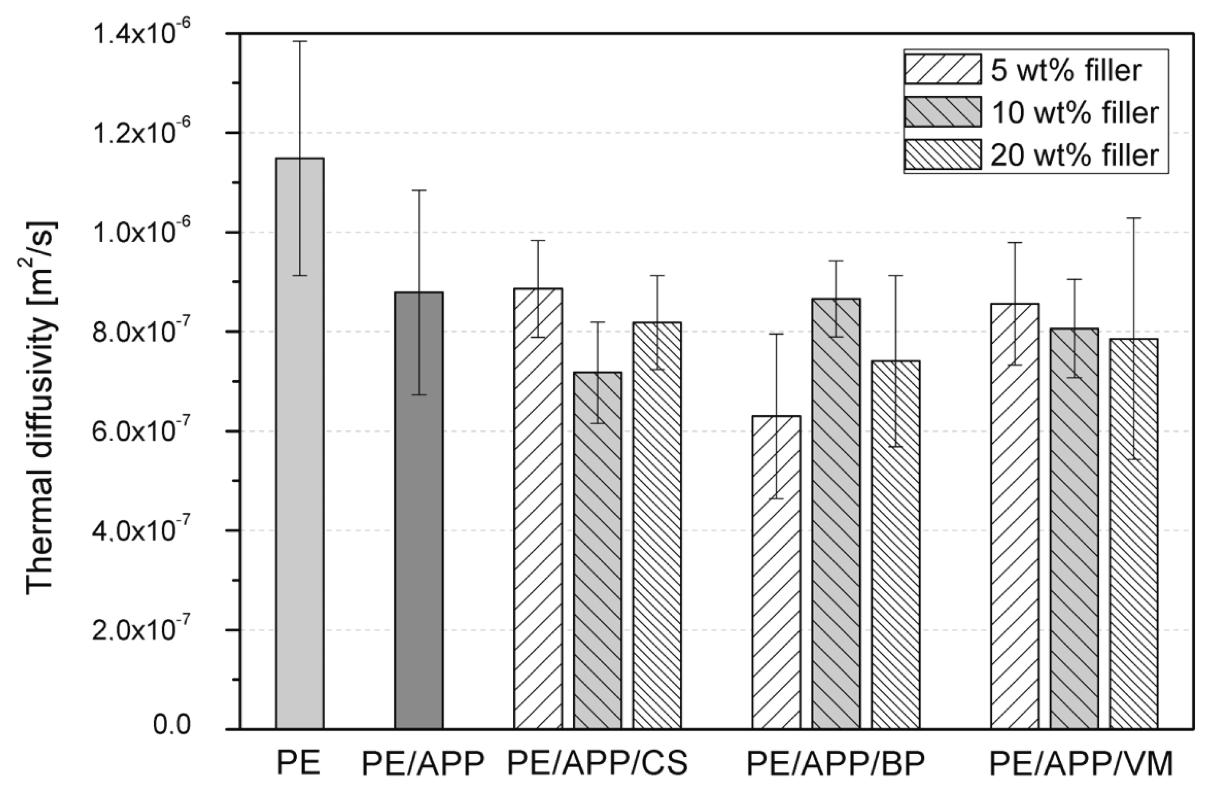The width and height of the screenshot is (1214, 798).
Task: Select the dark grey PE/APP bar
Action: click(419, 510)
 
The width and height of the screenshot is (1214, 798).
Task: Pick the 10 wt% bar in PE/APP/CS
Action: click(597, 550)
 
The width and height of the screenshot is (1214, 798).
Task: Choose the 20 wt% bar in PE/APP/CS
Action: click(657, 525)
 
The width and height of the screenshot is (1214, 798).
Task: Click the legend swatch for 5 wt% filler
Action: click(942, 69)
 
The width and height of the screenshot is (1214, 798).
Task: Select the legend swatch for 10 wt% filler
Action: click(942, 111)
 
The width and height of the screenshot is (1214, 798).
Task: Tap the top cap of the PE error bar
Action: click(299, 41)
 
